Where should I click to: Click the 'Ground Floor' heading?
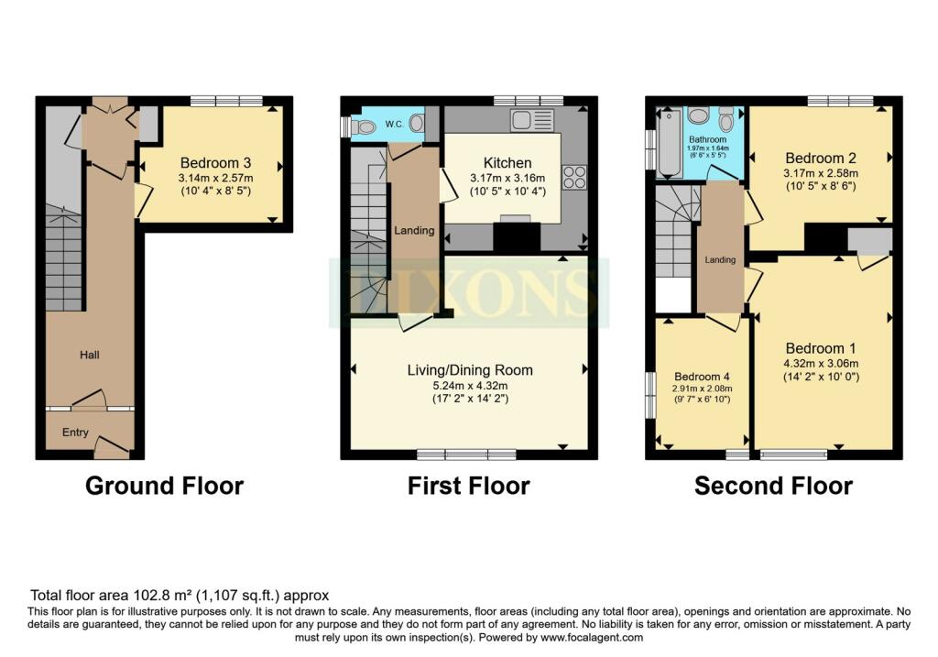coord(164,486)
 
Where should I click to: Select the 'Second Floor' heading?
coord(773,486)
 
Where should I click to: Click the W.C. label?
coord(395,124)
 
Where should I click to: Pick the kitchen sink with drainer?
coord(532,120)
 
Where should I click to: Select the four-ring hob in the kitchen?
coord(574,176)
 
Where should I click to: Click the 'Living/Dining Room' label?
coord(469,370)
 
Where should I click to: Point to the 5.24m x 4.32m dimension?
coord(469,385)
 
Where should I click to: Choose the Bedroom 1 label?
coord(820,348)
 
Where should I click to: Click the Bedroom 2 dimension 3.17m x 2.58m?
coord(820,173)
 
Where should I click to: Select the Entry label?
coord(76,432)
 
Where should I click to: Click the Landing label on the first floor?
coord(414,230)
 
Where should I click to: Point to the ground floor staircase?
coord(64,257)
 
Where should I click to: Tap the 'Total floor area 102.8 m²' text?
coord(180,595)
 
